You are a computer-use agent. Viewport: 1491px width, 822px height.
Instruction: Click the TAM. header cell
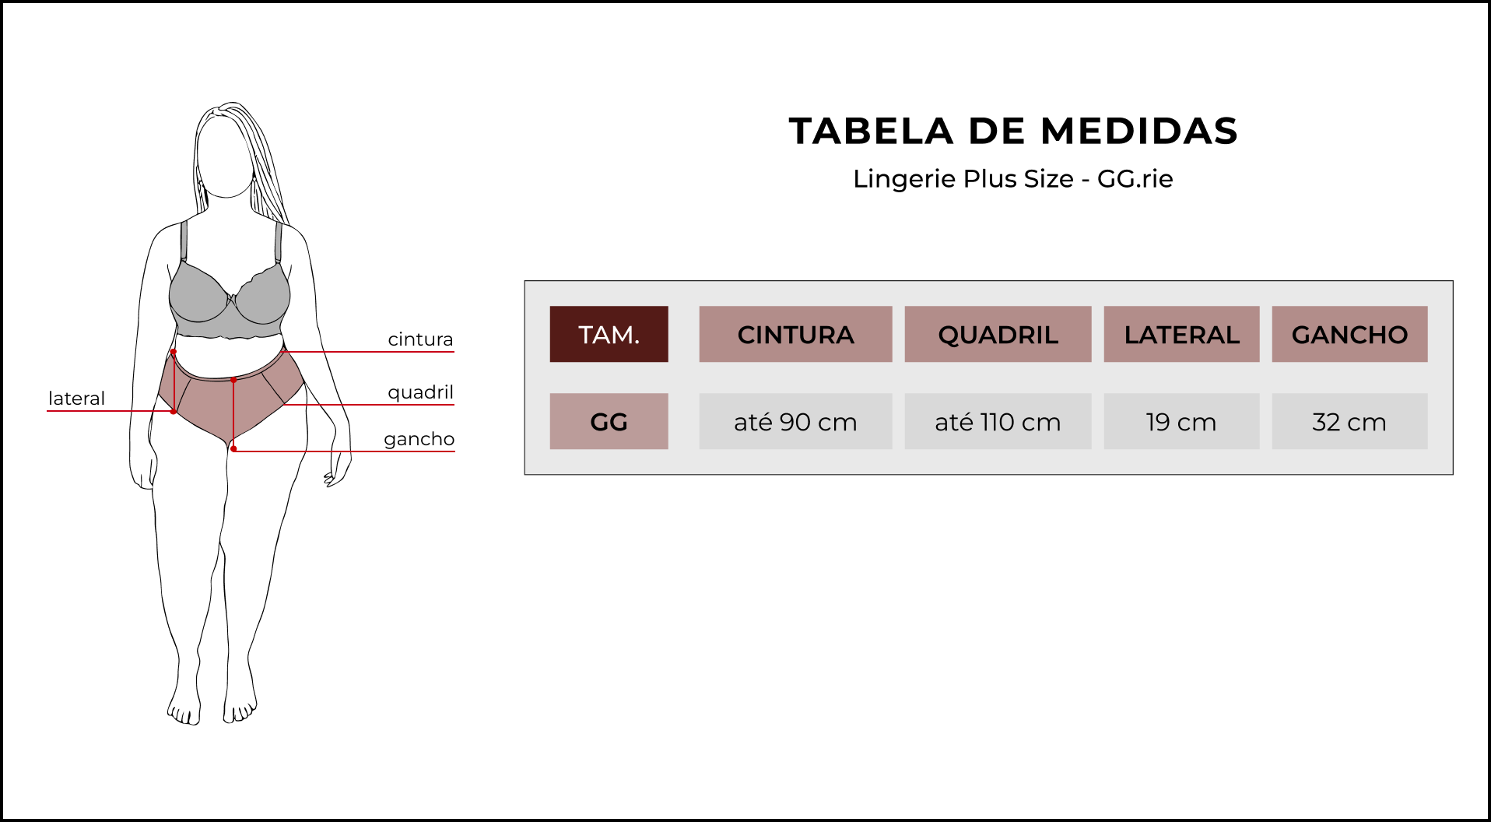tap(609, 334)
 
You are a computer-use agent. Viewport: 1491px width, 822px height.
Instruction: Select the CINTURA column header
tap(795, 334)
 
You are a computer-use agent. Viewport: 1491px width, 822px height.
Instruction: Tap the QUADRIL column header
tap(998, 334)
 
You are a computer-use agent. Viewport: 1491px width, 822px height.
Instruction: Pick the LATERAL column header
tap(1181, 334)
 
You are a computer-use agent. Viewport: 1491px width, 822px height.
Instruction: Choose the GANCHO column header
tap(1349, 334)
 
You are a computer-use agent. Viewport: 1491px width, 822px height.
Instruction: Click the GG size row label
tap(609, 421)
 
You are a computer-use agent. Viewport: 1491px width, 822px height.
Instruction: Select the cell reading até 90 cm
tap(795, 421)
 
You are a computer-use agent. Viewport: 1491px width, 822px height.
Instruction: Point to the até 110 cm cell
tap(998, 421)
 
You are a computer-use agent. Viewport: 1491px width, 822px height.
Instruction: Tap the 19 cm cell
tap(1181, 421)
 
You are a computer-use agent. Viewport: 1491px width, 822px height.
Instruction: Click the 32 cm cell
tap(1349, 421)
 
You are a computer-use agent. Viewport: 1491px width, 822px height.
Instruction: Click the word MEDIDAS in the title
tap(1139, 131)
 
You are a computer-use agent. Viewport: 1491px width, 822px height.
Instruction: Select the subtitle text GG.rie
tap(1135, 179)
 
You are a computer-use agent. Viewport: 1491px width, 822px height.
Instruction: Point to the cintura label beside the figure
tap(420, 339)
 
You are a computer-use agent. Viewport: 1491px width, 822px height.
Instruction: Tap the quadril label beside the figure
tap(420, 392)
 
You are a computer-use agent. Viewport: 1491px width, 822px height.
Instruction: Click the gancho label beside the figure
tap(419, 439)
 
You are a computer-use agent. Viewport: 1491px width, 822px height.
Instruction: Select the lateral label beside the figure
tap(76, 399)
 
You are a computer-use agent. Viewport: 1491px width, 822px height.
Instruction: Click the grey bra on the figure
tap(230, 300)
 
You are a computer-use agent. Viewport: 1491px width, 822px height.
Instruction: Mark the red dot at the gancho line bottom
tap(233, 449)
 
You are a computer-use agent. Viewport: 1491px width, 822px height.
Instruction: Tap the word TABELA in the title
tap(872, 131)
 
